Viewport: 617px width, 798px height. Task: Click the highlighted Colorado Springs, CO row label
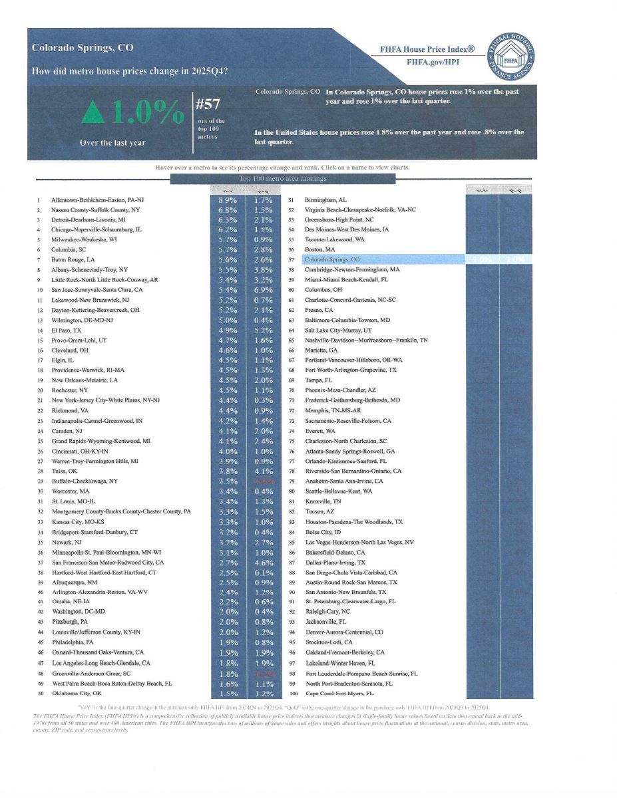(333, 259)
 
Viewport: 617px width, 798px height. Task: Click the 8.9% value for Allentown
(228, 199)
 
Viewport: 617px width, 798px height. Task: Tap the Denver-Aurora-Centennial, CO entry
(344, 632)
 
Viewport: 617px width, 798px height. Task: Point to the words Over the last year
(112, 142)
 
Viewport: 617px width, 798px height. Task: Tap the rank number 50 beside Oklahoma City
(39, 694)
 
